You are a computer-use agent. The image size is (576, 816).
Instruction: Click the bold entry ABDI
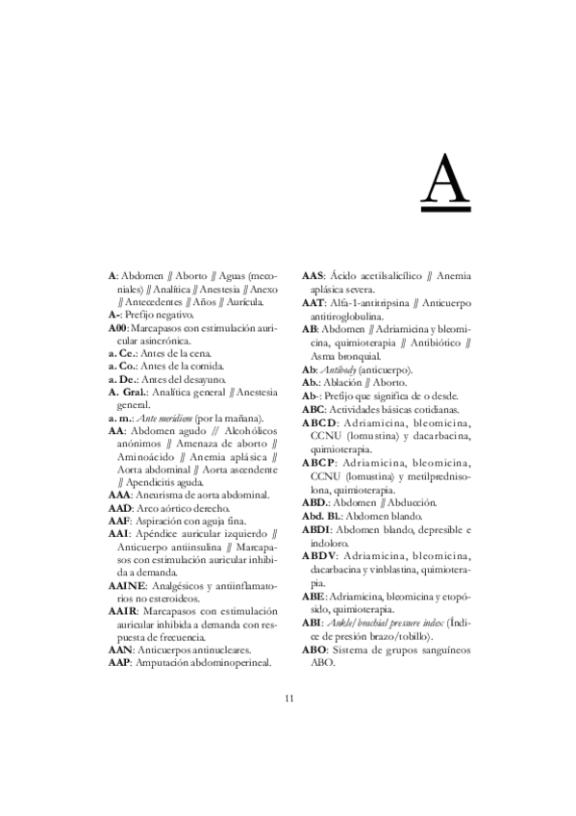(x=316, y=530)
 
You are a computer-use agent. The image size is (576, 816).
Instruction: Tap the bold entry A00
(x=117, y=328)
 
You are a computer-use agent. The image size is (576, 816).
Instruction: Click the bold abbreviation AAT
(x=314, y=301)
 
